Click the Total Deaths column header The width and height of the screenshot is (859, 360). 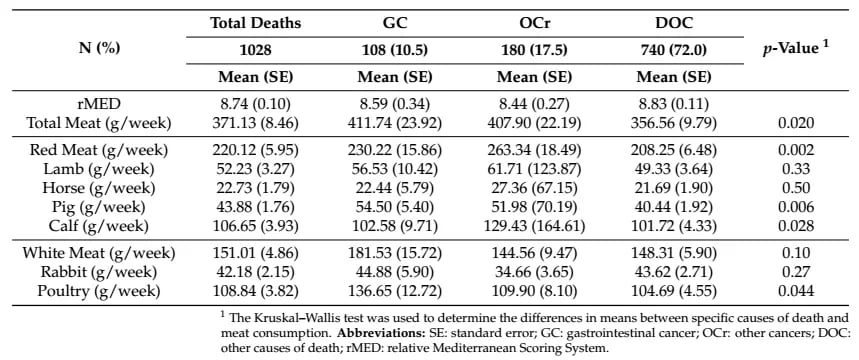coord(256,23)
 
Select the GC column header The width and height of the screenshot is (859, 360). coord(395,23)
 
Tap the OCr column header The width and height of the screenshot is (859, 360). coord(534,23)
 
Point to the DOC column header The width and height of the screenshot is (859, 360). coord(673,23)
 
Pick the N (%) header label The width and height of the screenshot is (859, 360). coord(99,48)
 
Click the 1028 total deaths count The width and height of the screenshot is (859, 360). coord(256,50)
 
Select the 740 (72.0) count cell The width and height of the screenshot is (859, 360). coord(673,50)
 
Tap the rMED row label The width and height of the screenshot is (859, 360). coord(99,102)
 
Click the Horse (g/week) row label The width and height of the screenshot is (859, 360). coord(99,188)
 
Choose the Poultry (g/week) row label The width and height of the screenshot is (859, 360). coord(99,291)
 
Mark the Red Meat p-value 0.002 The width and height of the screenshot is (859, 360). coord(794,150)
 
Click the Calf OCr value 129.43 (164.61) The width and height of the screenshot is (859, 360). coord(534,226)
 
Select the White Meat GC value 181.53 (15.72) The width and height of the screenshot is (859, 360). coord(395,253)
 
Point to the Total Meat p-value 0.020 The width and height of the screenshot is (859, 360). coord(794,123)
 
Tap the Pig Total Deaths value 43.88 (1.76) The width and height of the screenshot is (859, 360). coord(256,207)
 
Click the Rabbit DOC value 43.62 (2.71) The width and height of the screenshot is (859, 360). coord(673,272)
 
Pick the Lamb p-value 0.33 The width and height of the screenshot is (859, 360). coord(794,169)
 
